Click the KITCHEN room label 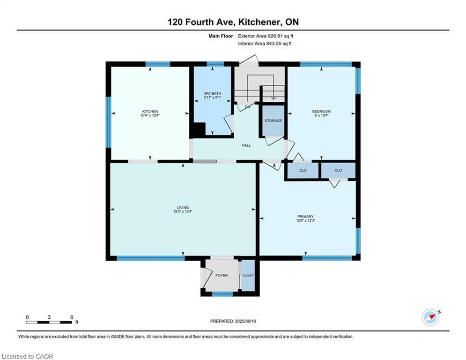coord(150,111)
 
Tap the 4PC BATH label coord(212,93)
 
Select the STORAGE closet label coord(273,120)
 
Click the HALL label coord(246,145)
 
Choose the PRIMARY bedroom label coord(305,217)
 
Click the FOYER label coord(221,275)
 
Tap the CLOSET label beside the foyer coord(248,276)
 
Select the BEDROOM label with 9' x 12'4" coord(321,111)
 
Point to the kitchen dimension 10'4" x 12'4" coord(150,115)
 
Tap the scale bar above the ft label coord(49,322)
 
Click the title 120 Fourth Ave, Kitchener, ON coord(233,22)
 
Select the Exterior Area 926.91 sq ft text coord(266,36)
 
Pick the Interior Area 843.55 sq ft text coord(265,44)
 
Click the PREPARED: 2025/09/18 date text coord(233,321)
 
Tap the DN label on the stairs coord(247,107)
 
